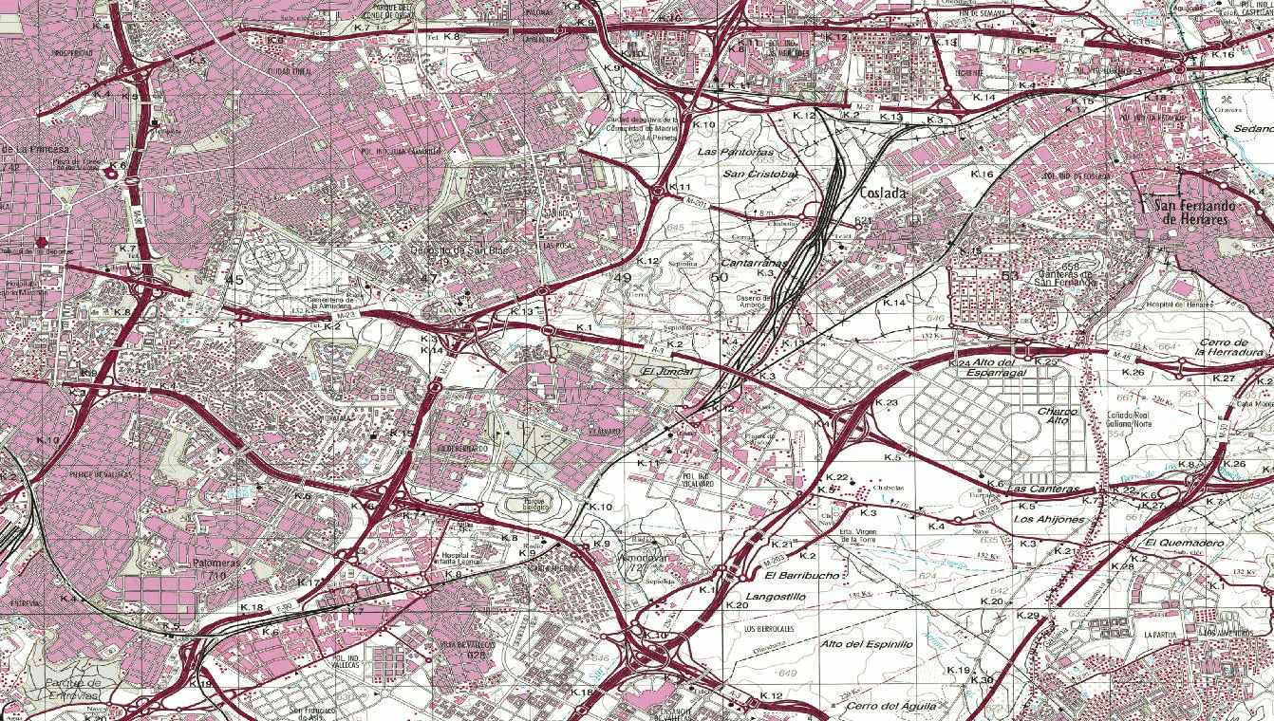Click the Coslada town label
click(x=882, y=193)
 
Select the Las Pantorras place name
click(x=736, y=152)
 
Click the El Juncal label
click(x=663, y=372)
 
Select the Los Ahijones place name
click(x=1050, y=520)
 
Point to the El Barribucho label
click(x=801, y=576)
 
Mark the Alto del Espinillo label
click(x=866, y=644)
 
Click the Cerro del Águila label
click(x=892, y=706)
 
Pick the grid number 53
click(x=1009, y=276)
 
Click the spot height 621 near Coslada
click(x=862, y=221)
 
